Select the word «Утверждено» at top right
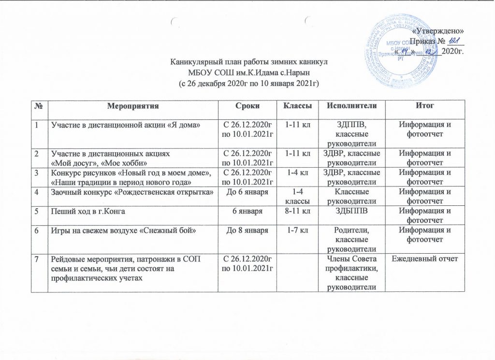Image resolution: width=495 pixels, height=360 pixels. [x=442, y=31]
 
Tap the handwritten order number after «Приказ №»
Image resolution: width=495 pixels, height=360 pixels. [x=452, y=41]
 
